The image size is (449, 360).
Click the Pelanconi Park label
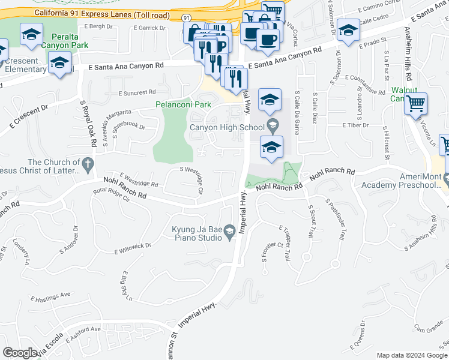pyautogui.click(x=183, y=104)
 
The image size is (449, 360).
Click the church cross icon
pyautogui.click(x=88, y=163)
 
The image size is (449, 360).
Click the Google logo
pyautogui.click(x=20, y=353)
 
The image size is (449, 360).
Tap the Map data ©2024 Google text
pyautogui.click(x=411, y=355)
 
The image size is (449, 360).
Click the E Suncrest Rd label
pyautogui.click(x=137, y=93)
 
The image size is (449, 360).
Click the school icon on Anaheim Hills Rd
pyautogui.click(x=348, y=30)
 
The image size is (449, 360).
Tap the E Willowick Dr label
pyautogui.click(x=132, y=248)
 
